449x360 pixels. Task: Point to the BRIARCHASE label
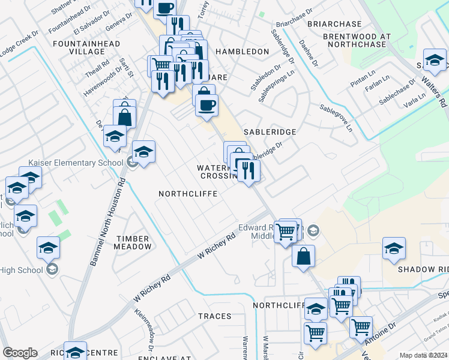[x=334, y=24]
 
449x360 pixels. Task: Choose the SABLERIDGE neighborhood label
[x=270, y=131]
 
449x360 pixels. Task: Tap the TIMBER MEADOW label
[x=134, y=242]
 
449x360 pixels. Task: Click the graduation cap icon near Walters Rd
[x=435, y=59]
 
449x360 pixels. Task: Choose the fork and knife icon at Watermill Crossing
[x=247, y=169]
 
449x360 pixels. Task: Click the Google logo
[x=20, y=353]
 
